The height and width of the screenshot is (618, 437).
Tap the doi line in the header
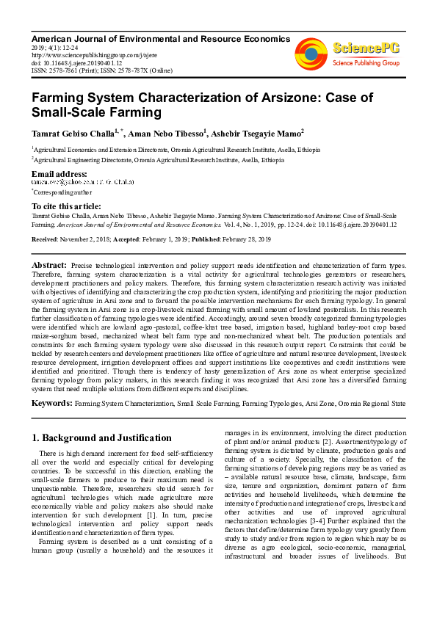[x=76, y=62]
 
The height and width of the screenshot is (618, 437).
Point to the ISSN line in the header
[x=101, y=70]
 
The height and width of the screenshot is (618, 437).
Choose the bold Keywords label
[x=51, y=403]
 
